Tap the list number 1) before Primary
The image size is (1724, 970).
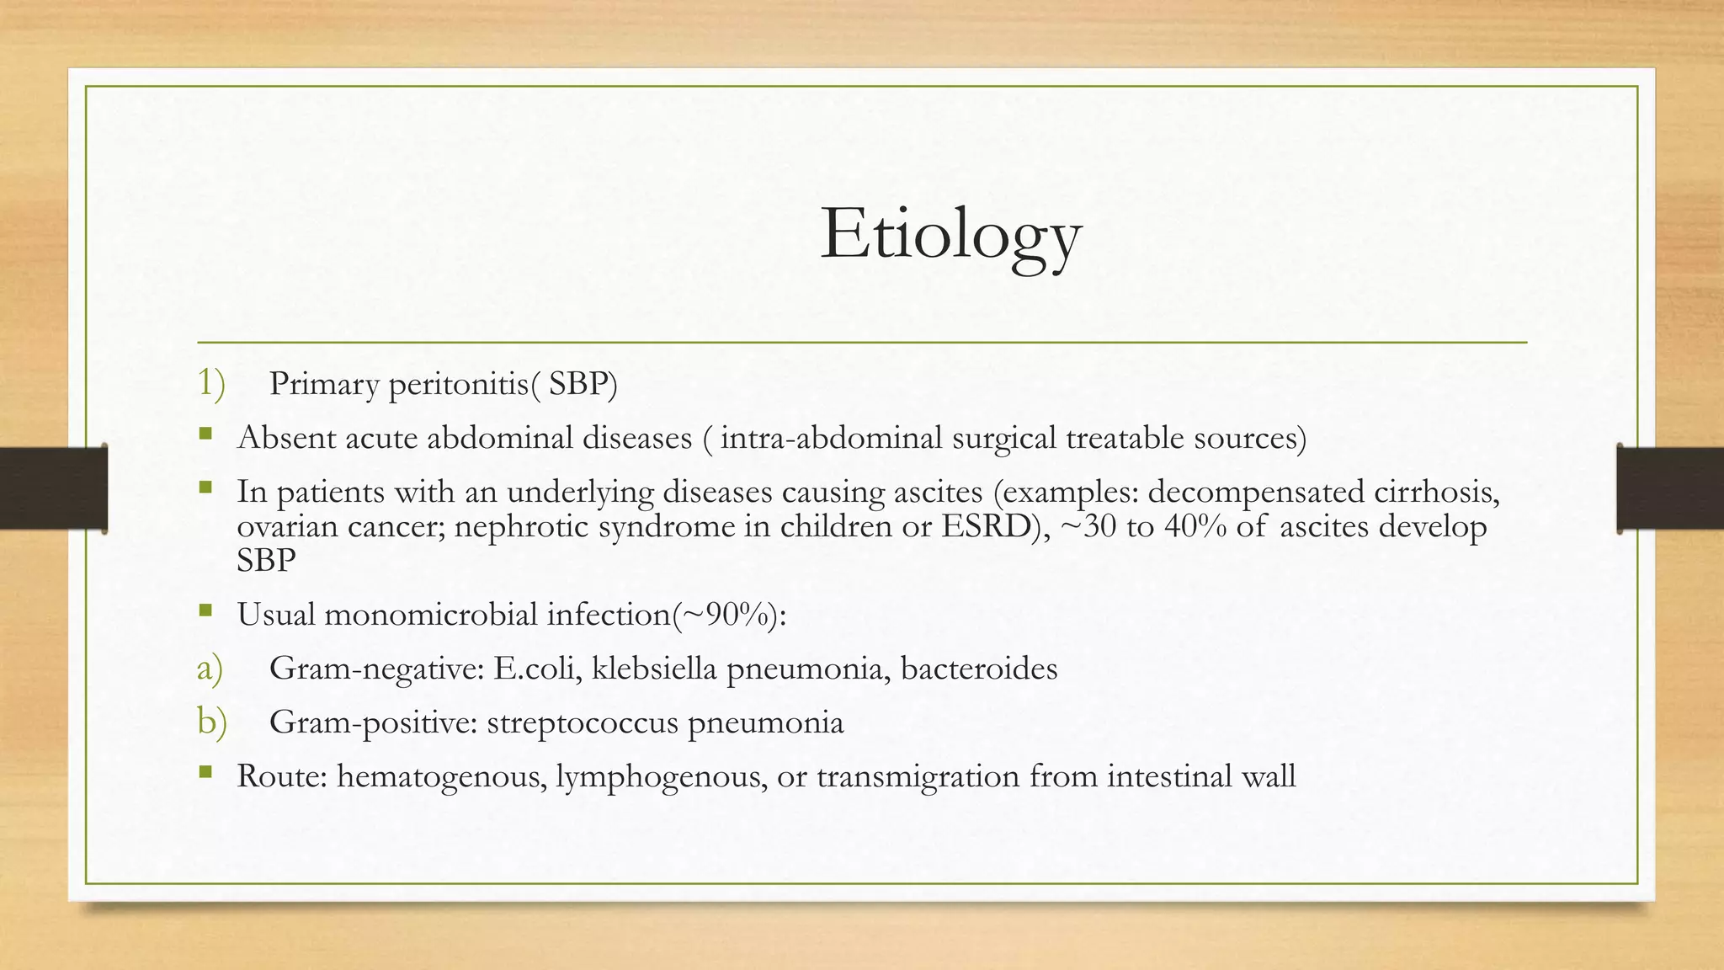[211, 383]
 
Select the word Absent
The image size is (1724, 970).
[285, 438]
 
